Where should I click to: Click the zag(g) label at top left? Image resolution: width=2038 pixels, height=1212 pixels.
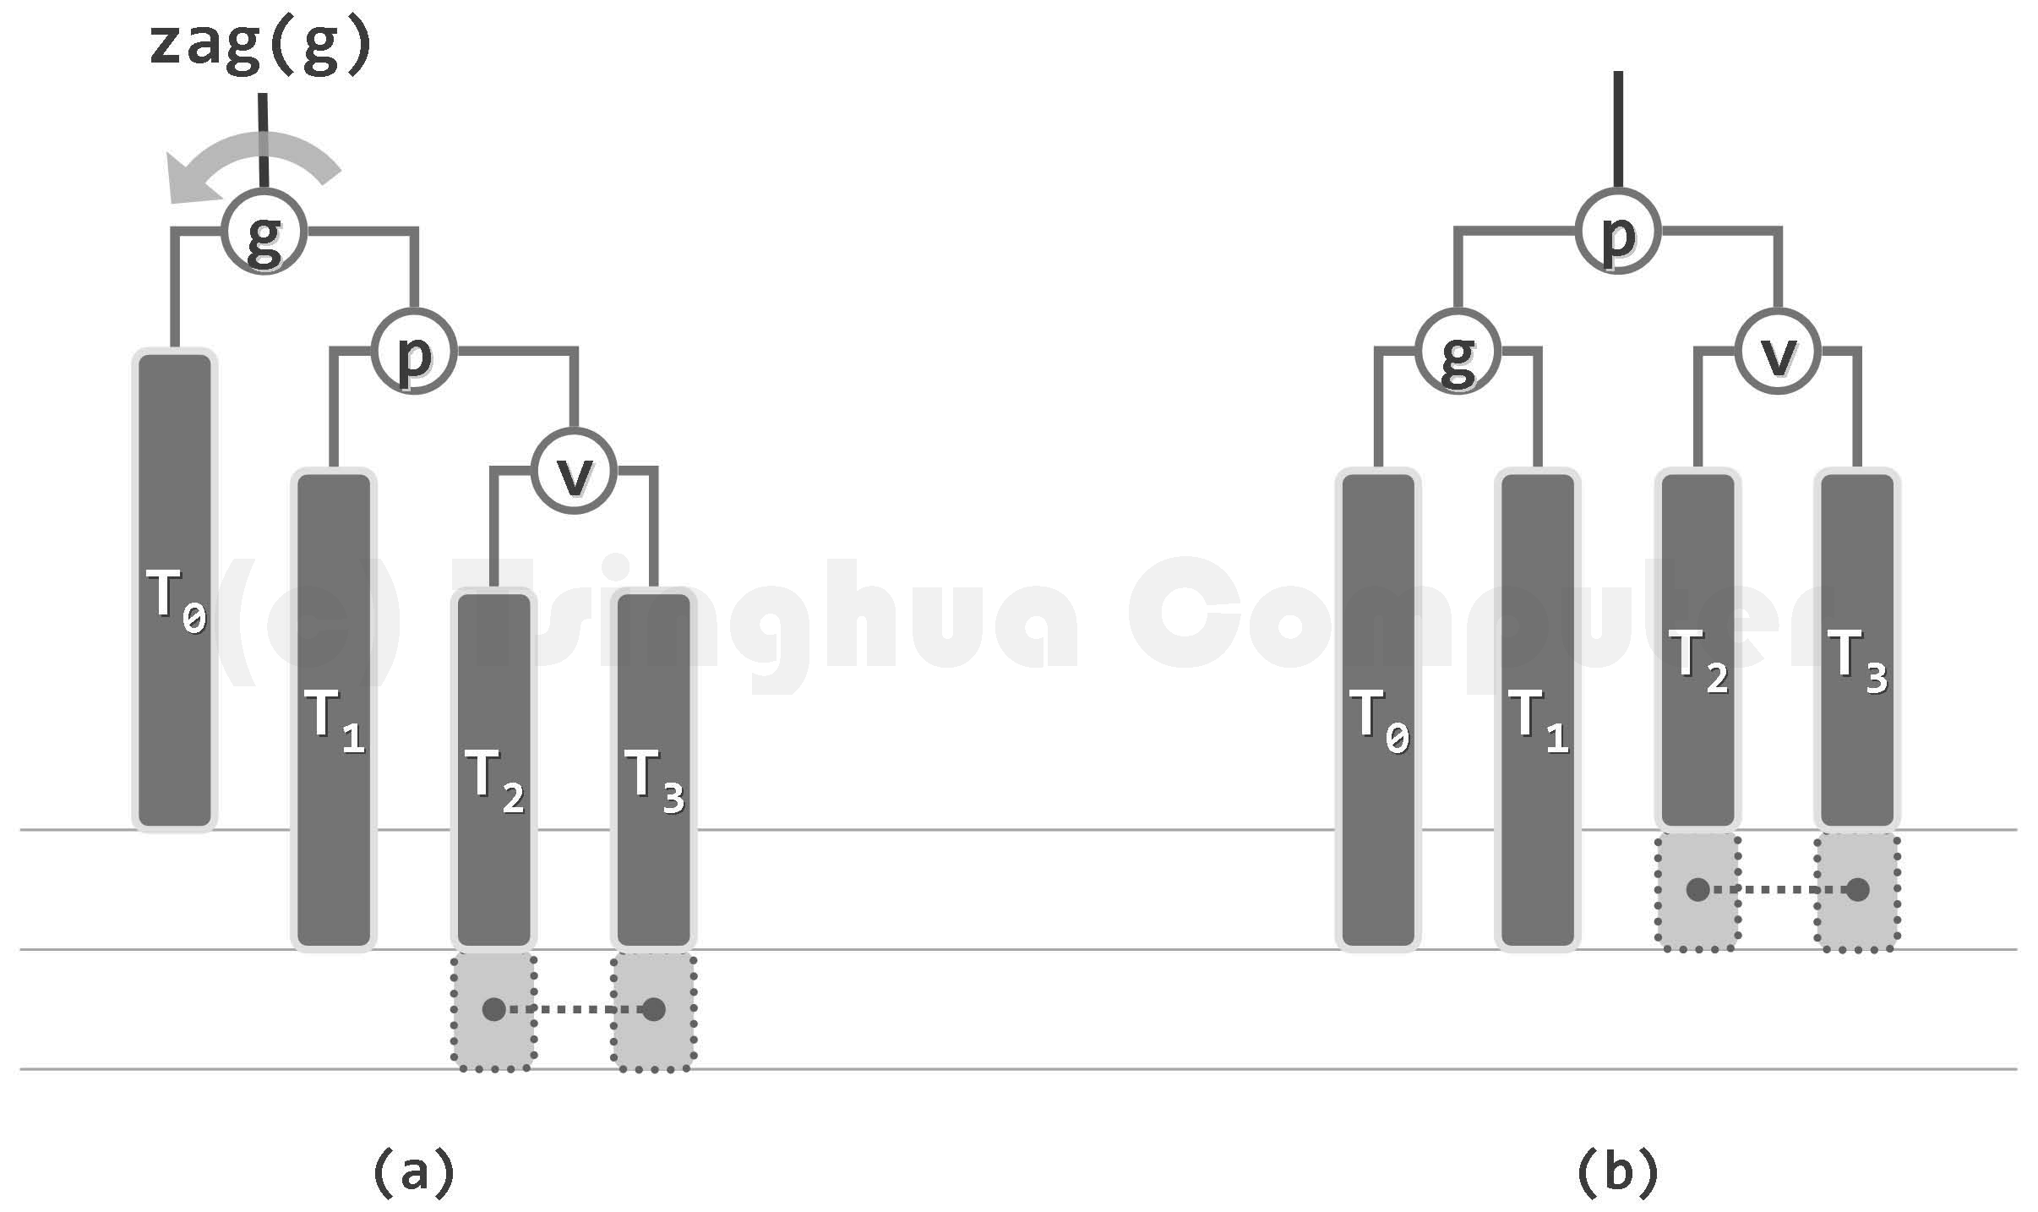[x=260, y=46]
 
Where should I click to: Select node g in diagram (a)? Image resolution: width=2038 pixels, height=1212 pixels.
[x=264, y=232]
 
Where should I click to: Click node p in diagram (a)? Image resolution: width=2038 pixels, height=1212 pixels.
[x=415, y=351]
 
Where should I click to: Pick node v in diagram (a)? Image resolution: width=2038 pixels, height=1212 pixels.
[x=575, y=471]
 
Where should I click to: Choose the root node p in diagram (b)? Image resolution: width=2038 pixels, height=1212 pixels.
[x=1618, y=232]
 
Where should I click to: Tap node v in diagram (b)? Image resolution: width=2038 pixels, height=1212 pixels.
[x=1778, y=351]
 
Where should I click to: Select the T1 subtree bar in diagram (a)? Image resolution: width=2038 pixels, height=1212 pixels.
[x=334, y=710]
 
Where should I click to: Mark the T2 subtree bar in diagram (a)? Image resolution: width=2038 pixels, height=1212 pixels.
[x=494, y=769]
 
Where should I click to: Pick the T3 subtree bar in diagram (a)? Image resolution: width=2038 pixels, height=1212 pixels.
[x=654, y=769]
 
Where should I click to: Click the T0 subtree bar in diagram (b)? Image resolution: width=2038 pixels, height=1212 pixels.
[x=1378, y=710]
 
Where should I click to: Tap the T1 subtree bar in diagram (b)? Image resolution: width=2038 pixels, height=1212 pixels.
[x=1538, y=710]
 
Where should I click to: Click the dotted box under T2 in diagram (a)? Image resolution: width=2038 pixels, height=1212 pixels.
[x=494, y=1011]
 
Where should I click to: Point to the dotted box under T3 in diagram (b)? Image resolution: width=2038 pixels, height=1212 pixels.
[x=1857, y=891]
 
